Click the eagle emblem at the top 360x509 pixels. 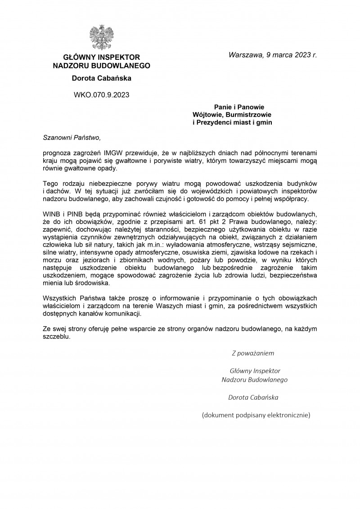pyautogui.click(x=101, y=37)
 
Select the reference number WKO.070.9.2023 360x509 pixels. pyautogui.click(x=101, y=95)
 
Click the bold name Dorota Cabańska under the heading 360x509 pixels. pyautogui.click(x=101, y=78)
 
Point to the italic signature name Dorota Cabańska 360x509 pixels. pyautogui.click(x=253, y=397)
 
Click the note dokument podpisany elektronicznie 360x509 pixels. pyautogui.click(x=256, y=415)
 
